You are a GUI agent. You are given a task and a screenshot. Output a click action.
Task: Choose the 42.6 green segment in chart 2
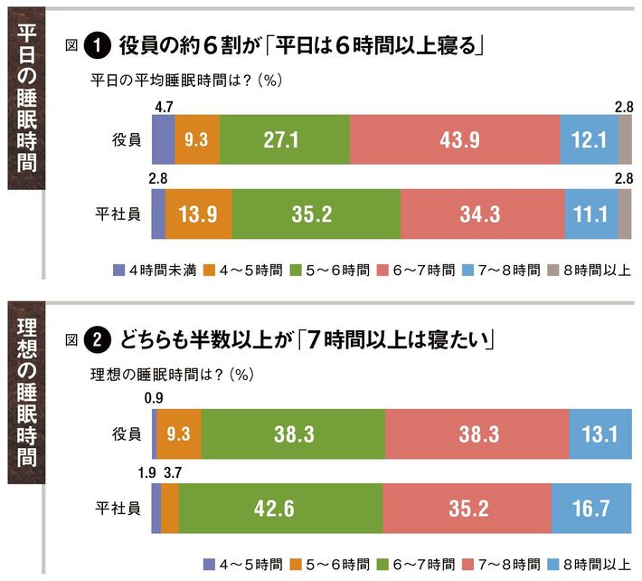click(x=280, y=508)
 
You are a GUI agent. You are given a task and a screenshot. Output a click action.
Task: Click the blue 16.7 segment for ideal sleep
click(x=591, y=508)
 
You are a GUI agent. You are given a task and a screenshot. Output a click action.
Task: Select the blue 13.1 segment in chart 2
click(x=600, y=434)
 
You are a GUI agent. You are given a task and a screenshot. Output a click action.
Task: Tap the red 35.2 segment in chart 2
click(x=467, y=508)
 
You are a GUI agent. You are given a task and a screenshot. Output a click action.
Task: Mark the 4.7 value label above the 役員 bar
click(x=164, y=108)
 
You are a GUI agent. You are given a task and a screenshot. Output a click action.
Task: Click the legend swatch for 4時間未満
click(x=118, y=270)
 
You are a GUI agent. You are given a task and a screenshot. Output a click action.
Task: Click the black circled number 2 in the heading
click(x=96, y=340)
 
